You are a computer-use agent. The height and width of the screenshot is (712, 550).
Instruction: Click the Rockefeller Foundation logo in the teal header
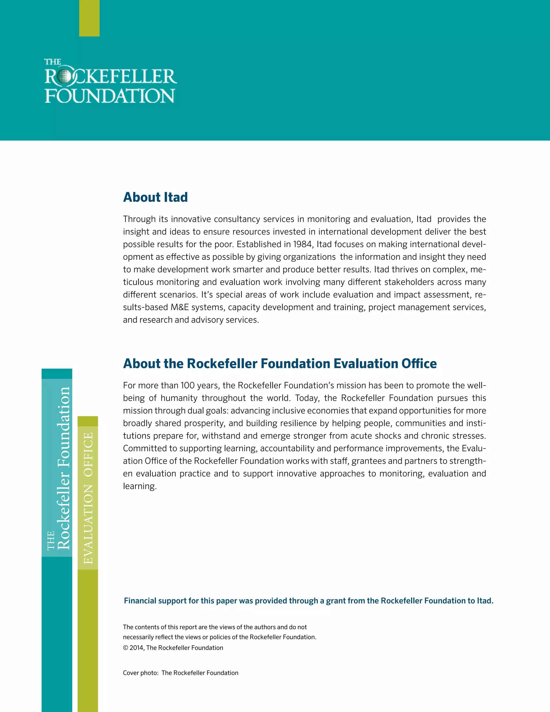(110, 81)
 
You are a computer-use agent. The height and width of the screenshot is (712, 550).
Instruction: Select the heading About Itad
(155, 197)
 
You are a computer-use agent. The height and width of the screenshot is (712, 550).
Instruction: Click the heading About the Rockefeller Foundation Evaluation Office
(280, 364)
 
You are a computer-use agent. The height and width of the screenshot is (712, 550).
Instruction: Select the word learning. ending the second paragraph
(140, 486)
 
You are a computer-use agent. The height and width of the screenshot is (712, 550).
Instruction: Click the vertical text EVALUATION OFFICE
(88, 498)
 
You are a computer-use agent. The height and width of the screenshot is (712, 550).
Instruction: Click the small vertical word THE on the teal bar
(50, 541)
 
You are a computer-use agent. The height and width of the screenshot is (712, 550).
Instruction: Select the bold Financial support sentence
(308, 600)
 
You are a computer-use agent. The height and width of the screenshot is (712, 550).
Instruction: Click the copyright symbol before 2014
(125, 648)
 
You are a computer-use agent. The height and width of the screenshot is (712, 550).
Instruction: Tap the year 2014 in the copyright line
(136, 648)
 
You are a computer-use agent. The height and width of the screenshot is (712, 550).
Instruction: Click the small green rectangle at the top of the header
(89, 18)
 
